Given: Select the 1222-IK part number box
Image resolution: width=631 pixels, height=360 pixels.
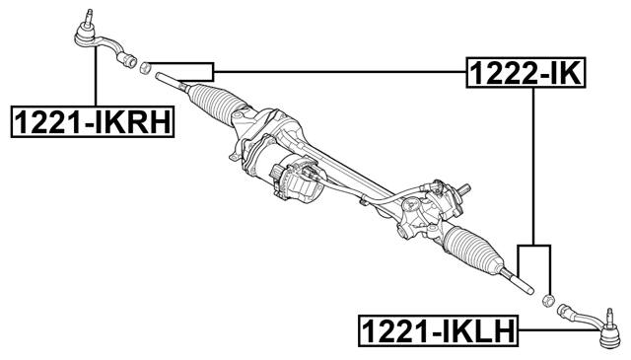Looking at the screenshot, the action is pyautogui.click(x=525, y=71).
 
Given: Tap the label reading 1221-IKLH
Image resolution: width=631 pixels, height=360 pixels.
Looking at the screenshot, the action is pyautogui.click(x=437, y=329).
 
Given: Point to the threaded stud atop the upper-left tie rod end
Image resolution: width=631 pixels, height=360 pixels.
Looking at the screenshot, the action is pyautogui.click(x=87, y=16).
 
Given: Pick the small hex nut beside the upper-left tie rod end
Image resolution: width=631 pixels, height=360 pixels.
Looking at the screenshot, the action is pyautogui.click(x=144, y=69).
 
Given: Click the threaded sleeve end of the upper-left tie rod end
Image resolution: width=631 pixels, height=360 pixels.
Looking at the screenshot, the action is pyautogui.click(x=125, y=57).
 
